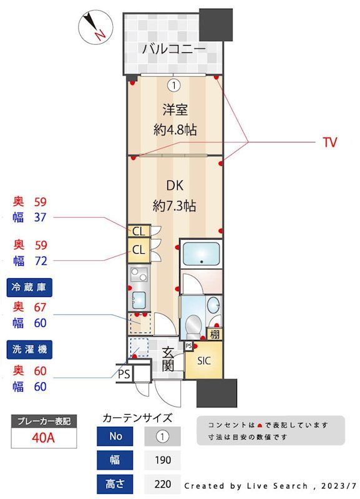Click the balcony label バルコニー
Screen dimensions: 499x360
173,48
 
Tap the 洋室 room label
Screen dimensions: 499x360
175,110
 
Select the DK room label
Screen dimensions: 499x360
175,185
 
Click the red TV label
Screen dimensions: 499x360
329,142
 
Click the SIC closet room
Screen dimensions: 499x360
203,361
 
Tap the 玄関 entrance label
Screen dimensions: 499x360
168,358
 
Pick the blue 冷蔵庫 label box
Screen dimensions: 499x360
29,288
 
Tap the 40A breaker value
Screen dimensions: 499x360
44,437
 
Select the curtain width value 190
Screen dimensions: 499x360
163,460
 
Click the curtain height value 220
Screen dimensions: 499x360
163,483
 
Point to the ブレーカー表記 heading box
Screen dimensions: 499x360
44,421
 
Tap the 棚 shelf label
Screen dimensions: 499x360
215,334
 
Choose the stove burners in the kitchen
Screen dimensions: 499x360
139,274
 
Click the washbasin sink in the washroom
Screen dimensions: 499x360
213,306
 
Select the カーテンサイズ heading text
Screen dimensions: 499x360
137,417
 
